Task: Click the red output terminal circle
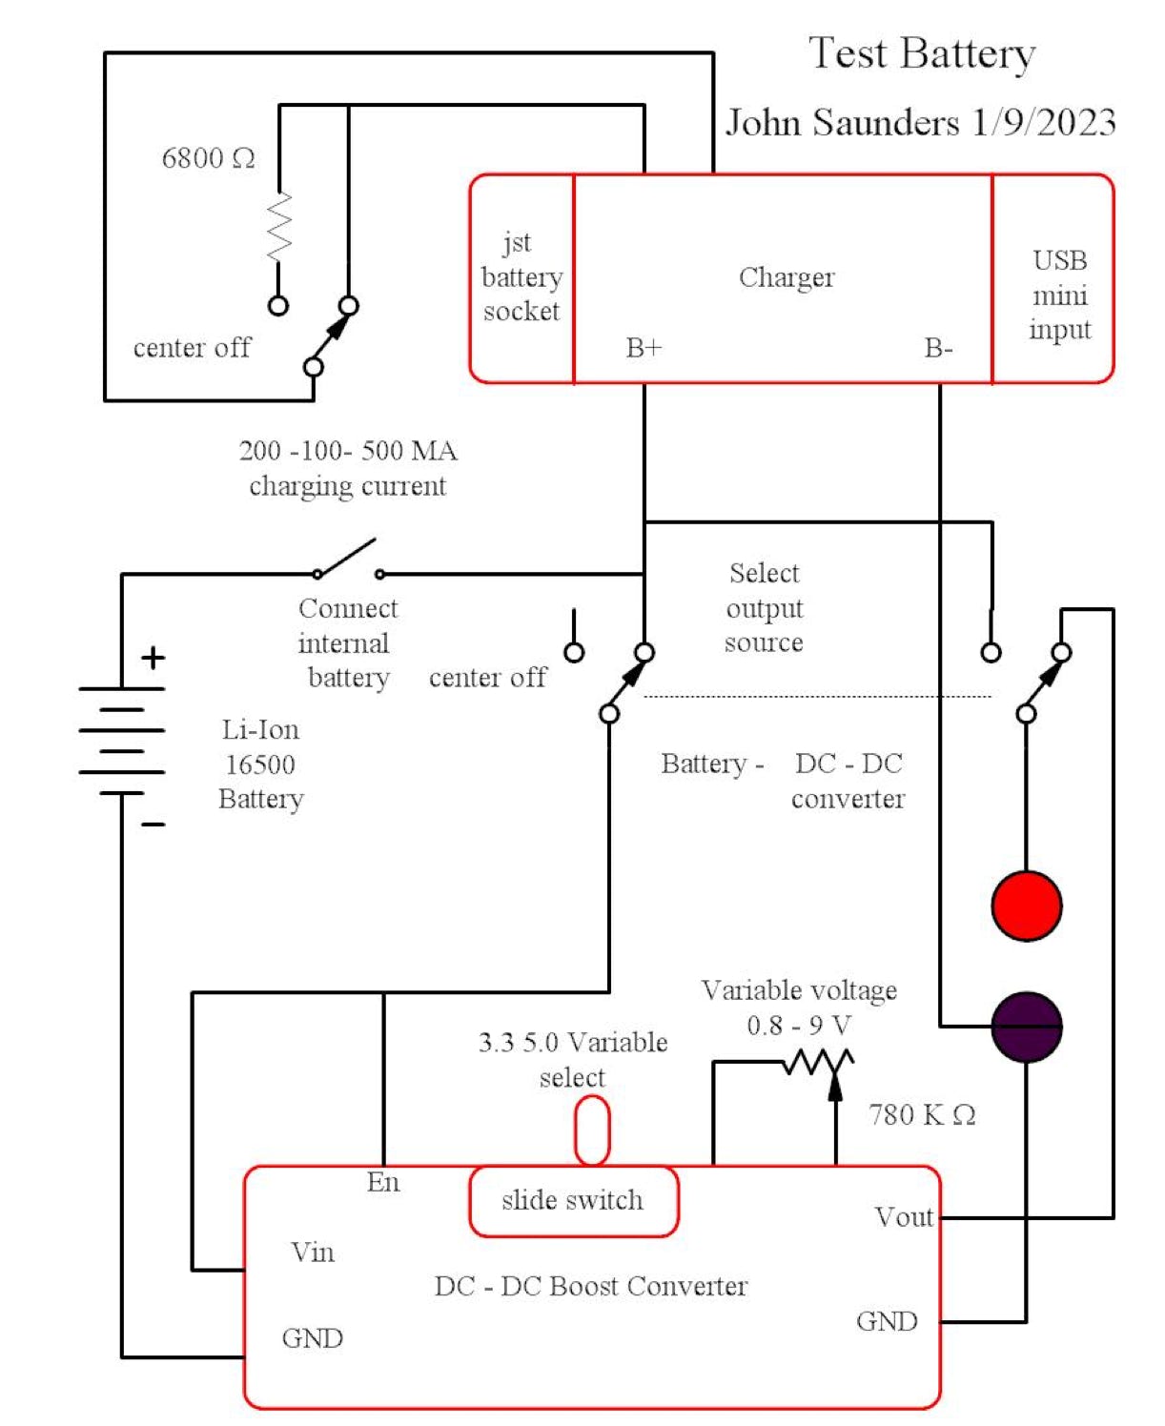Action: pos(1026,905)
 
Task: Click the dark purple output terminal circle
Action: pos(1026,1027)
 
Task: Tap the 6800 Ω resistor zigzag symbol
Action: pos(279,226)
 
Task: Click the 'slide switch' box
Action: pos(573,1200)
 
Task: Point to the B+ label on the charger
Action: pos(644,348)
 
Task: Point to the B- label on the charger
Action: pos(938,348)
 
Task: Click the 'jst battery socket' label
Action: pos(521,276)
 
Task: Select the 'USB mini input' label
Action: pos(1059,295)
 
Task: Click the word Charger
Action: pos(787,277)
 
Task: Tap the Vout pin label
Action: pos(903,1217)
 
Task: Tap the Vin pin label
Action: pos(313,1252)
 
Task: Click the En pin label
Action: pos(383,1182)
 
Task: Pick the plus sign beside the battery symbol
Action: pos(153,658)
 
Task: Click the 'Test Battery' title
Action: pos(922,53)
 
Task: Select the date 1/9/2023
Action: pos(1044,123)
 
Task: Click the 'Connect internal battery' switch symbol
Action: pos(348,561)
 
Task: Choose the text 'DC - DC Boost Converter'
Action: pos(591,1286)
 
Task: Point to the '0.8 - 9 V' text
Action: pos(799,1026)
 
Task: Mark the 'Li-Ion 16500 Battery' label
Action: pos(260,764)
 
